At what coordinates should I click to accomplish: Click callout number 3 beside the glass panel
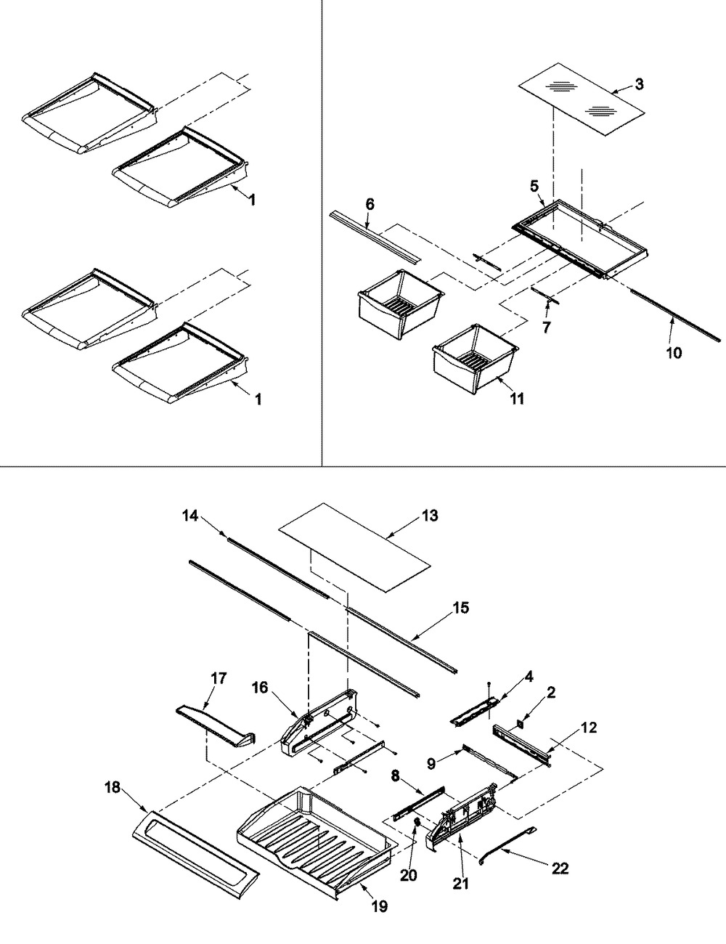coord(639,84)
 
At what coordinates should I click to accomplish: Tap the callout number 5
coord(534,187)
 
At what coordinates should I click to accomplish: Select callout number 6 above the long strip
coord(370,204)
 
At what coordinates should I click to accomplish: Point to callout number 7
coord(546,327)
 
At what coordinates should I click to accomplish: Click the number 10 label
coord(674,353)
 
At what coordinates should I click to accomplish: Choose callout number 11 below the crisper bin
coord(517,399)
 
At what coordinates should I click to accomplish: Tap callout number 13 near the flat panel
coord(429,516)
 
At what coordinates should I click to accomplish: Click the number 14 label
coord(189,516)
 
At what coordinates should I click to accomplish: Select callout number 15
coord(461,608)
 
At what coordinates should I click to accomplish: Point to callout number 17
coord(219,678)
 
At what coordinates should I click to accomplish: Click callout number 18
coord(113,788)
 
